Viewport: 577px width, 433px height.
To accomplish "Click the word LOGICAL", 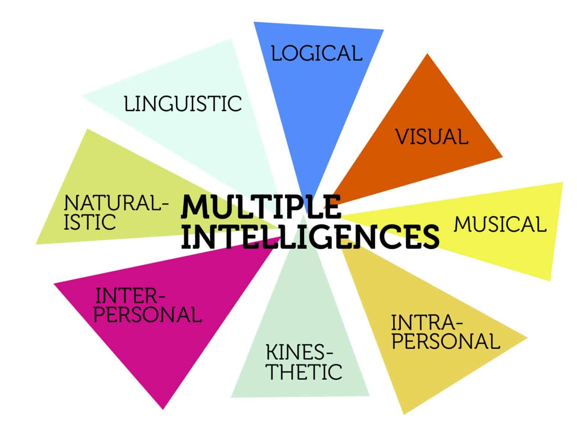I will [317, 53].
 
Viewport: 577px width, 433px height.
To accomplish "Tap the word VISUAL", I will [432, 136].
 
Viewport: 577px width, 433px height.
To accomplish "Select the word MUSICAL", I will [500, 224].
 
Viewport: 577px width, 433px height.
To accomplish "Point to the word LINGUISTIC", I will [183, 104].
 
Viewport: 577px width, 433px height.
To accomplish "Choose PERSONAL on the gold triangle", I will [446, 341].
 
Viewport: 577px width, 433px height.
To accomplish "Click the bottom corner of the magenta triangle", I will [163, 409].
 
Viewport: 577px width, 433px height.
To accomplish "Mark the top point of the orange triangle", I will [427, 55].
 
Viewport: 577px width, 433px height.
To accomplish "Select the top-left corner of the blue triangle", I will [254, 23].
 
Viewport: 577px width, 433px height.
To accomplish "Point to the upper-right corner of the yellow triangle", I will [562, 183].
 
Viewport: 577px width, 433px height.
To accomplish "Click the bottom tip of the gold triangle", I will [404, 414].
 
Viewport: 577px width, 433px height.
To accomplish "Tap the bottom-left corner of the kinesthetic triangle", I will [231, 397].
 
